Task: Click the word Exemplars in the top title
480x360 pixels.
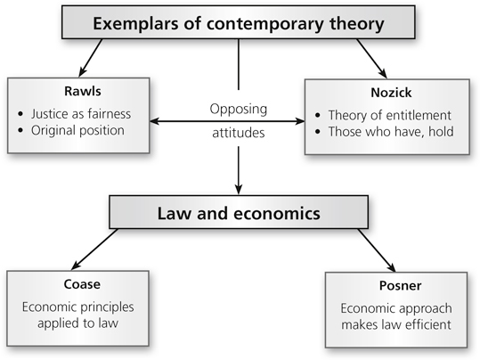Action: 135,23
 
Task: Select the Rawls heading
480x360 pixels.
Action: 83,91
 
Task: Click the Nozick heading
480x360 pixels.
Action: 391,93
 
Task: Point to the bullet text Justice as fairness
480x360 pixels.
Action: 81,114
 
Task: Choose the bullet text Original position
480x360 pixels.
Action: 77,130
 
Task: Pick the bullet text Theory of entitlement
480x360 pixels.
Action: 390,115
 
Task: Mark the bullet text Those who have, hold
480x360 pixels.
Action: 391,132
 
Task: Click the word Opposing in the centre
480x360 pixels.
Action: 239,110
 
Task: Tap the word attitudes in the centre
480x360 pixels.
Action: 239,133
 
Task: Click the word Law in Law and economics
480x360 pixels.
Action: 174,214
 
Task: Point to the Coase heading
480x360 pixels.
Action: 82,284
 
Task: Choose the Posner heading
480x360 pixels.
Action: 401,285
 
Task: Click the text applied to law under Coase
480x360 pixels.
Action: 77,323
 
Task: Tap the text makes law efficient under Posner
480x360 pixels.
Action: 396,324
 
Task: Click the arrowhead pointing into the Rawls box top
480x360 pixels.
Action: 82,73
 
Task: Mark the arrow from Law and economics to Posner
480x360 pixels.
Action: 377,250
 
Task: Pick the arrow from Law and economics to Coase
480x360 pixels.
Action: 94,250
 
